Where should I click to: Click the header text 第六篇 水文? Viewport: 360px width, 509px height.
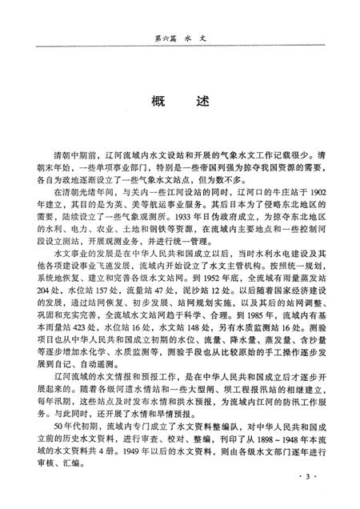179,37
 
